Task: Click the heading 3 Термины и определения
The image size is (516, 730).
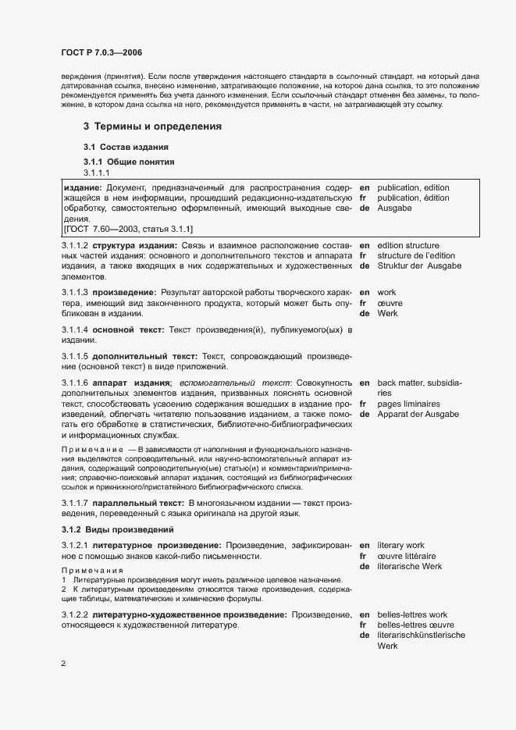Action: click(x=152, y=126)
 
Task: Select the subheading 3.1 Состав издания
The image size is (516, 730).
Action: click(x=126, y=148)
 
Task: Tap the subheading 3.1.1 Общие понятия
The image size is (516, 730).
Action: click(x=129, y=162)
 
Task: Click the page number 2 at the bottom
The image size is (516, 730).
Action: click(x=64, y=664)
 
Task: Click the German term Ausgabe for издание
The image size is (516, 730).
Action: click(x=394, y=208)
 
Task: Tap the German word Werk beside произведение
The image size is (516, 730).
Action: click(x=388, y=313)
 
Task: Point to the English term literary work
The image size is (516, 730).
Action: click(x=400, y=544)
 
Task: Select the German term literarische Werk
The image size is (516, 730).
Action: click(x=411, y=566)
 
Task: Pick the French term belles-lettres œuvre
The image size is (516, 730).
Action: click(x=417, y=625)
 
